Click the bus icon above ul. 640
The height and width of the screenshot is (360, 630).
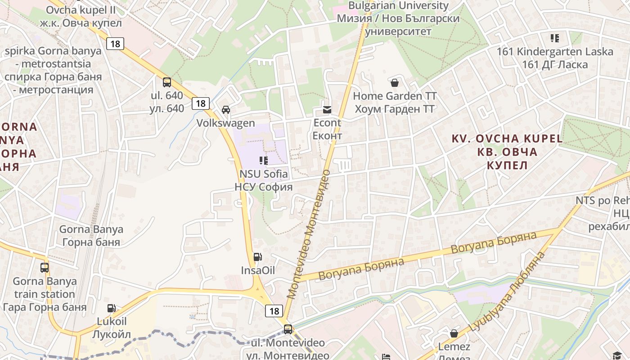click(x=167, y=82)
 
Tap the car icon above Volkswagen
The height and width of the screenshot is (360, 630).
click(x=226, y=110)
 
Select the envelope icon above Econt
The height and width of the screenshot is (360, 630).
click(x=327, y=109)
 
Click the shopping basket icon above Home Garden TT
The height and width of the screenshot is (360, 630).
click(x=395, y=83)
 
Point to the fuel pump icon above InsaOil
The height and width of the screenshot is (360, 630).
click(x=257, y=257)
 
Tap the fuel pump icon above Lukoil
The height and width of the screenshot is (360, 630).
click(x=111, y=308)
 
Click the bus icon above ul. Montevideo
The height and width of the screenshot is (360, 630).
click(x=288, y=329)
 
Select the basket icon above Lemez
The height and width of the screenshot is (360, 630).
click(x=454, y=333)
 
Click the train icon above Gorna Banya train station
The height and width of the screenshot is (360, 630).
click(x=45, y=268)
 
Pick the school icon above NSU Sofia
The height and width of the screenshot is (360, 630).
click(x=264, y=160)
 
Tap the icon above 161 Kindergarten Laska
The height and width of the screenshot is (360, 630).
click(x=555, y=38)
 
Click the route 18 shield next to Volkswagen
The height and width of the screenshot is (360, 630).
click(x=201, y=103)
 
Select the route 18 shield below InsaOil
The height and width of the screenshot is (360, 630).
click(x=274, y=310)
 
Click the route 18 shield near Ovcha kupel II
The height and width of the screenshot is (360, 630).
click(x=116, y=44)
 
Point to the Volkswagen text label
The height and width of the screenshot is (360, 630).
click(x=225, y=123)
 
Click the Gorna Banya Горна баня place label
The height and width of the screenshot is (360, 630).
click(x=91, y=236)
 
